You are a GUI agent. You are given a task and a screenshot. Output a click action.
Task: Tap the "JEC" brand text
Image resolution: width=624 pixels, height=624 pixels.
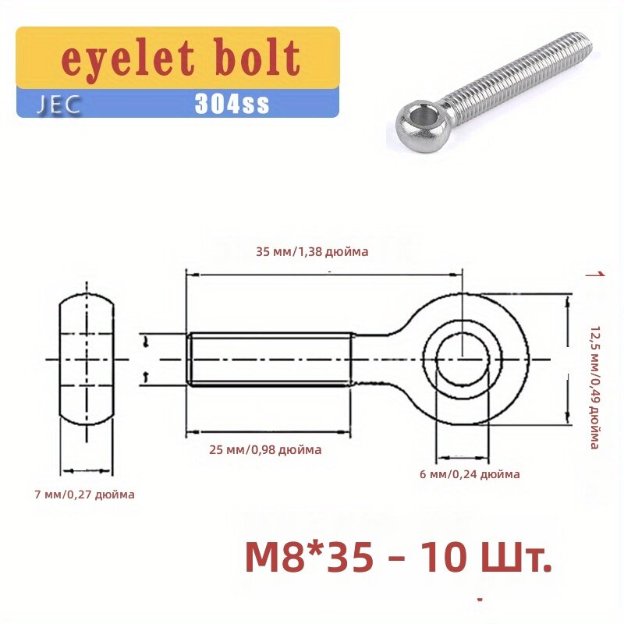point(59,105)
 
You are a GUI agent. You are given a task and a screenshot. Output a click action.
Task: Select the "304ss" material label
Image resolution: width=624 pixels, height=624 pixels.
point(232,104)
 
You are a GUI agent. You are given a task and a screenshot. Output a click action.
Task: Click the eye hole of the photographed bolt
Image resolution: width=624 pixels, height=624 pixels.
point(421,116)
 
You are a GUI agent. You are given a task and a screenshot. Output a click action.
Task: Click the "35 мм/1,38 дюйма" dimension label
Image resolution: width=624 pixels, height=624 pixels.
point(313,251)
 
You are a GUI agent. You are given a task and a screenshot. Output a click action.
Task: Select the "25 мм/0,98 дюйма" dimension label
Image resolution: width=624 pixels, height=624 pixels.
point(265,450)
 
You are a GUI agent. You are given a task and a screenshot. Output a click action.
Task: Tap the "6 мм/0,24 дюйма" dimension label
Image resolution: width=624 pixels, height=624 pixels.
point(470,474)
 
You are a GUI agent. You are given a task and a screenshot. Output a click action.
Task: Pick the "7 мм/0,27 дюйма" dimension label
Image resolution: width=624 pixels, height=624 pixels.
point(85,495)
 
